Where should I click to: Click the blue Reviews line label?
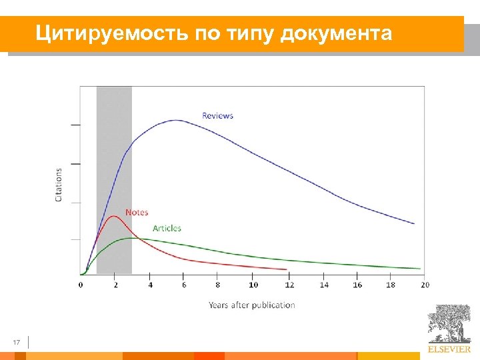pyautogui.click(x=217, y=115)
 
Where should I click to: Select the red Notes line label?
pyautogui.click(x=137, y=212)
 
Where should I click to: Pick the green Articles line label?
pyautogui.click(x=167, y=228)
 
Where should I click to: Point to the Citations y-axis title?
pyautogui.click(x=59, y=185)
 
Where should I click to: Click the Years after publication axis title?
pyautogui.click(x=251, y=305)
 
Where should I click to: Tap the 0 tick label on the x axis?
pyautogui.click(x=81, y=285)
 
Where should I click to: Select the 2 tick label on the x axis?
pyautogui.click(x=115, y=285)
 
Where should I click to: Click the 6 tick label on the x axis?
pyautogui.click(x=184, y=285)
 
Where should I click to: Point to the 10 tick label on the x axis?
pyautogui.click(x=253, y=285)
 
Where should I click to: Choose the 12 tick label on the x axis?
pyautogui.click(x=288, y=285)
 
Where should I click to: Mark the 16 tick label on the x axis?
pyautogui.click(x=357, y=285)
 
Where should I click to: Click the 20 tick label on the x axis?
pyautogui.click(x=425, y=285)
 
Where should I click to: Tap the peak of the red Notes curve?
pyautogui.click(x=114, y=216)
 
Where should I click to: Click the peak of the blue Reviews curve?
pyautogui.click(x=176, y=120)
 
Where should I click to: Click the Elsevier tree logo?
pyautogui.click(x=449, y=324)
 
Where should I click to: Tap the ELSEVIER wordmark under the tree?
pyautogui.click(x=449, y=349)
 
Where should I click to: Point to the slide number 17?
pyautogui.click(x=17, y=343)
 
